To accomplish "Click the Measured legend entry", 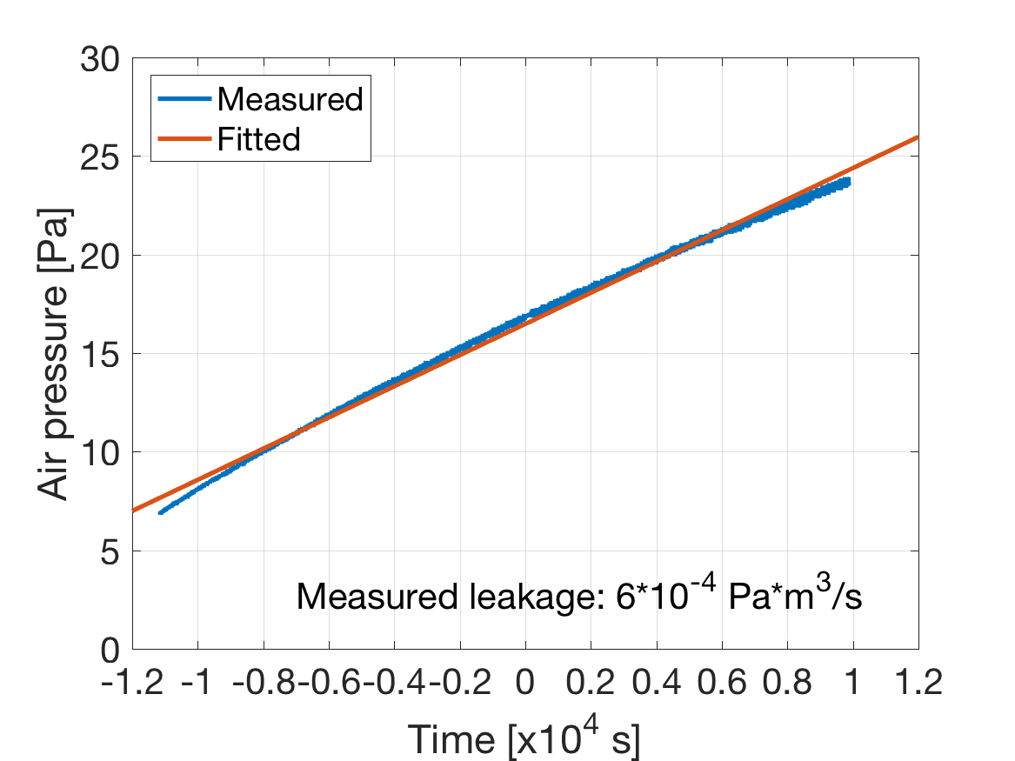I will [x=290, y=99].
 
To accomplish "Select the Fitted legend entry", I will [x=258, y=139].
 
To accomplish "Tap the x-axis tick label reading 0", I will [x=525, y=684].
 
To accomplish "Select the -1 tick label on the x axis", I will [x=197, y=684].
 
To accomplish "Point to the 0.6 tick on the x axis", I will [x=722, y=684].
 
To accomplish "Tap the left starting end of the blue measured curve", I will [x=160, y=512].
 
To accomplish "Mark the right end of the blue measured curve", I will [x=849, y=182].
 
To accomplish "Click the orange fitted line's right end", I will [x=918, y=137].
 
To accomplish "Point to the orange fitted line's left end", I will [x=133, y=511].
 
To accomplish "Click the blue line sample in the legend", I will [x=184, y=99].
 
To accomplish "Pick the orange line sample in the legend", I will [x=184, y=139].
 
